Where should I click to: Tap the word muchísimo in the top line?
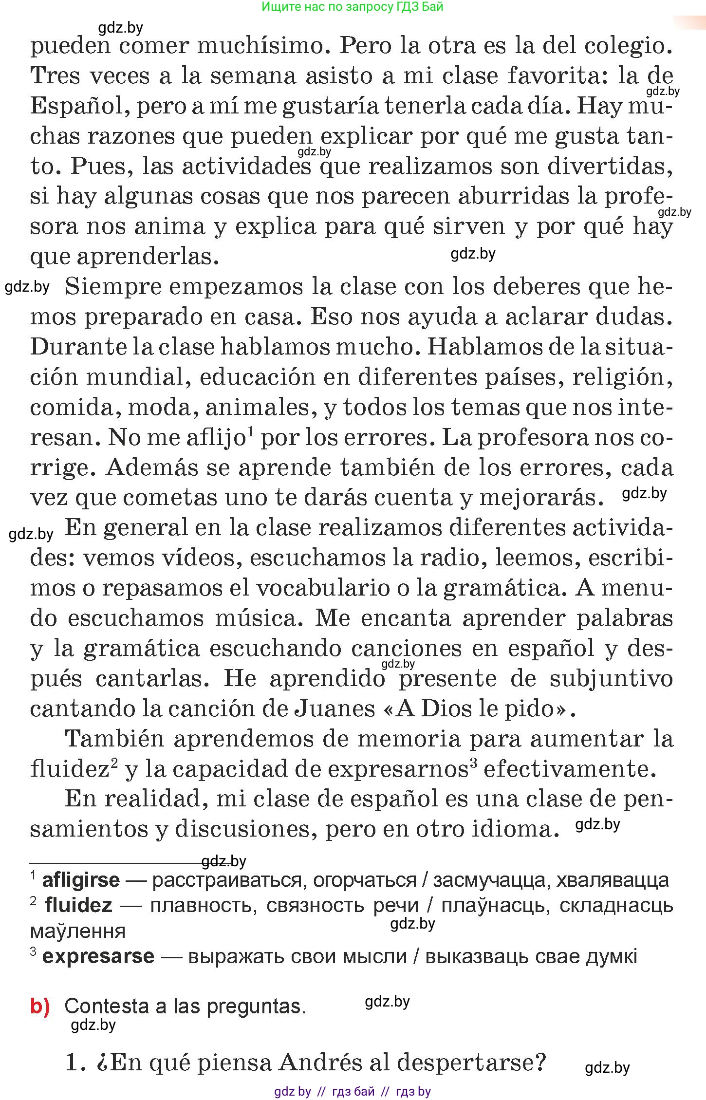262,46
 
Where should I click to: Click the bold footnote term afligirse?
81,880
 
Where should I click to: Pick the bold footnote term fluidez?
78,905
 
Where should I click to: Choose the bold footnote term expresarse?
98,956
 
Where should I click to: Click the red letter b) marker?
40,1006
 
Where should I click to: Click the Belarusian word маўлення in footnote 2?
78,931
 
